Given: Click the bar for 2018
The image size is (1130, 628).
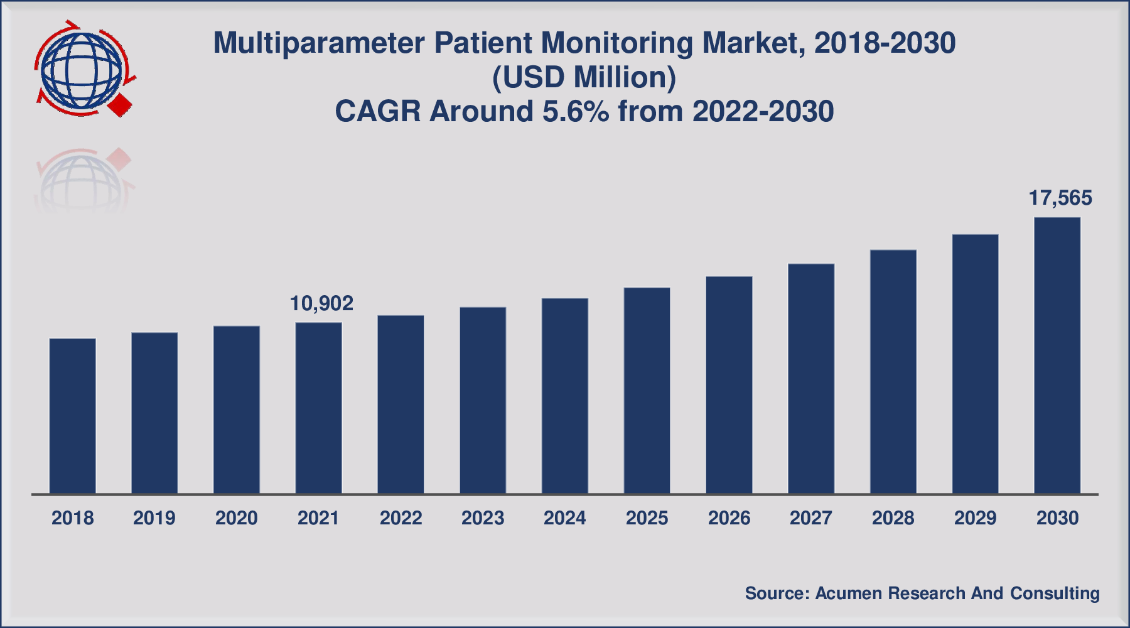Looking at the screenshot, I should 72,416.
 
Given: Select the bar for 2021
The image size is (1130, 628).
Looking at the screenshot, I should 318,408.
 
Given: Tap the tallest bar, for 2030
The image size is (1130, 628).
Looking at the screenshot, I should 1057,355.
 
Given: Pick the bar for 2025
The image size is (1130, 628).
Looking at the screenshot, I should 647,390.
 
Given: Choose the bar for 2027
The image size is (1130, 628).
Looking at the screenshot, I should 811,378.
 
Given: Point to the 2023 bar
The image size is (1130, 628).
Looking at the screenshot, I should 483,400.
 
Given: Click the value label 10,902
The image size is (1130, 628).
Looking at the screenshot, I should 321,304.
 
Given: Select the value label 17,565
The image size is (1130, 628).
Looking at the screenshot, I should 1060,198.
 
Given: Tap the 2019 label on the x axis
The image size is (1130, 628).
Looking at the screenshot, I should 154,518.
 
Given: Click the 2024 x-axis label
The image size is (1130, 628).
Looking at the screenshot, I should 565,518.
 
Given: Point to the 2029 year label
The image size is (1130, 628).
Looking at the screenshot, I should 975,518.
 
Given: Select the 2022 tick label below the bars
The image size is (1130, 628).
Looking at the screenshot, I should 401,518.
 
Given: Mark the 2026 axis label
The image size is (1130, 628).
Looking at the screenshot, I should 729,518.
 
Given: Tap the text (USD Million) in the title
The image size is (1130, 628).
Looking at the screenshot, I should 584,78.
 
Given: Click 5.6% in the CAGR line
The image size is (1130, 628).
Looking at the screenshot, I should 576,112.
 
